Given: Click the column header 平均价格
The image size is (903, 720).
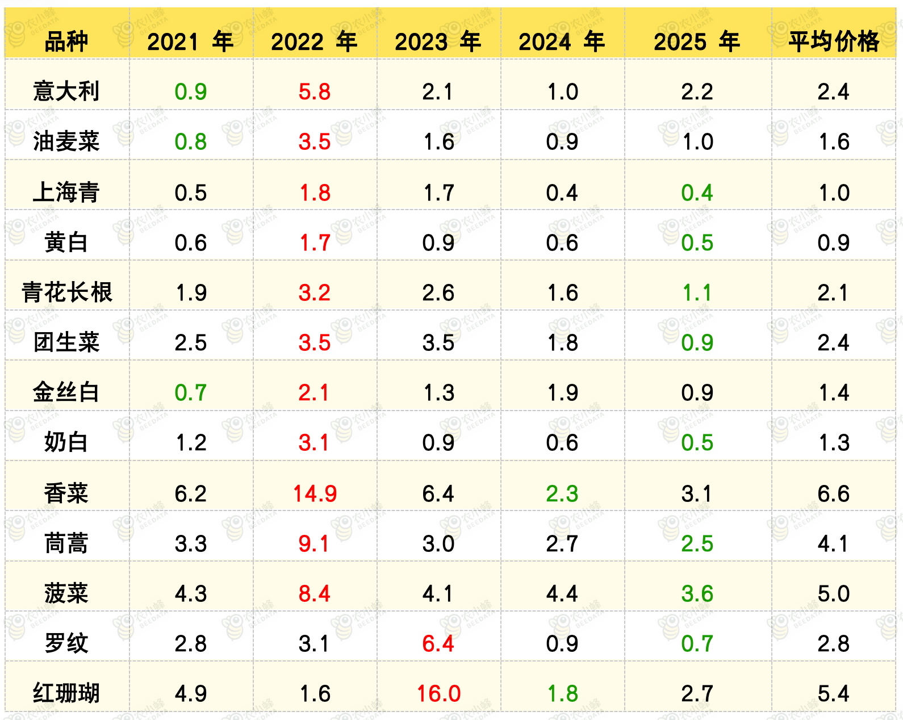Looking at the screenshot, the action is pos(833,41).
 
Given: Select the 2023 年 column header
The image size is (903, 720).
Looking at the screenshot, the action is pos(438,41).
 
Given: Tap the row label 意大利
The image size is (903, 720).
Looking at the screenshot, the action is pos(66,91).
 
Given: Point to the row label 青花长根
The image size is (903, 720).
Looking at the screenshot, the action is pos(66,292).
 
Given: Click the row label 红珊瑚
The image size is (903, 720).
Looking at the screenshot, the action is pos(66,693).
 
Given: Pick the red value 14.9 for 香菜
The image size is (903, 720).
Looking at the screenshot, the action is pos(315,493).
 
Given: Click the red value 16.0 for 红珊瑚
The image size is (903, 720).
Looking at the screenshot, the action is pos(438,693).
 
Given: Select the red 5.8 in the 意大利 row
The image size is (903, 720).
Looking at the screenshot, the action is pos(315,92).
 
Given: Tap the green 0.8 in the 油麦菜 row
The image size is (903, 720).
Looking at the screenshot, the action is pos(191,142).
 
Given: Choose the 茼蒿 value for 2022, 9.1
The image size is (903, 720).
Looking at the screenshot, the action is pos(314,544).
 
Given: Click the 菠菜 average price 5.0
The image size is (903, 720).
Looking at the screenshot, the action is pos(834,594).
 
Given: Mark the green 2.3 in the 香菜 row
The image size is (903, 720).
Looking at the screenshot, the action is pos(562,493).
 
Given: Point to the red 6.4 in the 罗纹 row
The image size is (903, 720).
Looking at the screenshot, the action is pos(438,644).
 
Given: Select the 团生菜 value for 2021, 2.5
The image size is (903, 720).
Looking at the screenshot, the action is pos(191,343).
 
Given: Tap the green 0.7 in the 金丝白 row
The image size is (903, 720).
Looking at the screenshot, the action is pos(190,393).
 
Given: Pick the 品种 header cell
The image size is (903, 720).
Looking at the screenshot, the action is pos(66,41).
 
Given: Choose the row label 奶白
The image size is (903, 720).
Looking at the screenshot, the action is pos(66,442).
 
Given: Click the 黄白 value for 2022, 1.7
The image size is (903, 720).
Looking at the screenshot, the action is pos(315,243).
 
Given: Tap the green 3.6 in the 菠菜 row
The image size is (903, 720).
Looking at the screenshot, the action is pos(697,594).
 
